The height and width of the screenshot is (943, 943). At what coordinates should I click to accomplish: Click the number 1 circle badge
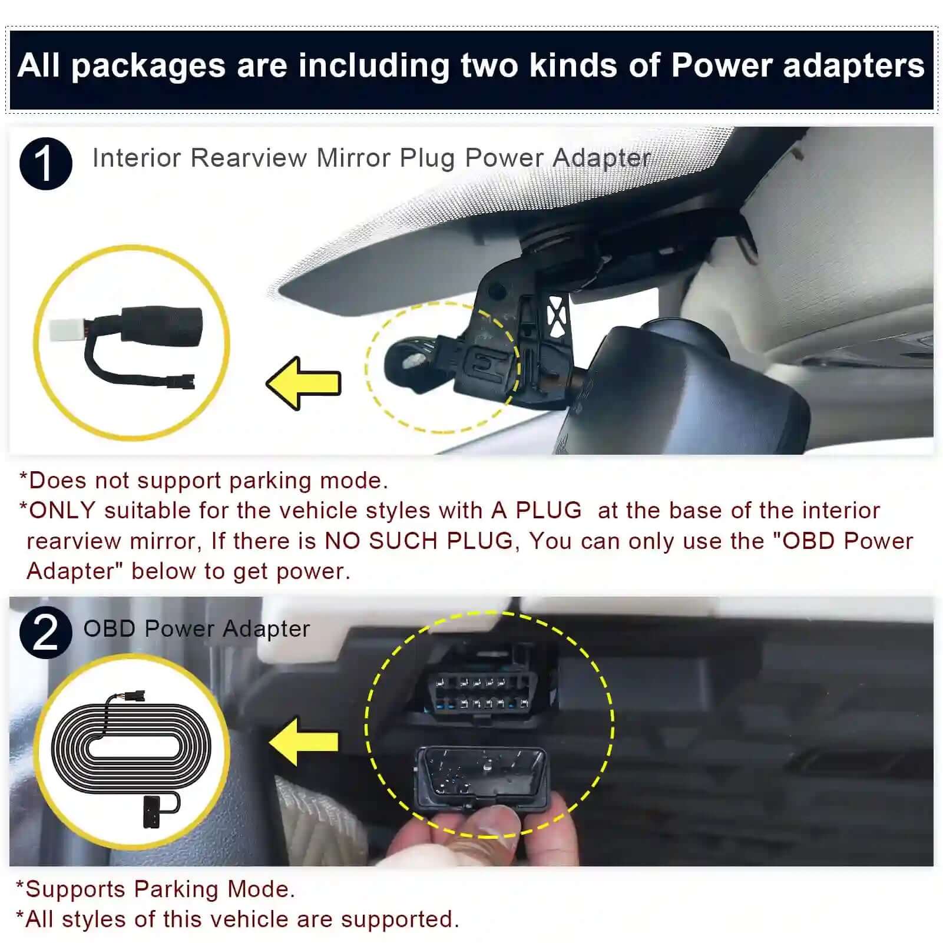[45, 164]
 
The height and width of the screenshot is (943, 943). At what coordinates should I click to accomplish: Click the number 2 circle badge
[45, 632]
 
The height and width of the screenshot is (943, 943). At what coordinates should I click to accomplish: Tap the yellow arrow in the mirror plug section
[304, 383]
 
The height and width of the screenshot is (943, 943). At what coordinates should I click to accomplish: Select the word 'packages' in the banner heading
[148, 67]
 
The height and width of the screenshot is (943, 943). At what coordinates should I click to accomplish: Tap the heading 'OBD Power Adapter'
[196, 629]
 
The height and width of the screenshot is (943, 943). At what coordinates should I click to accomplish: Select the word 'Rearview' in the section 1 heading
[249, 158]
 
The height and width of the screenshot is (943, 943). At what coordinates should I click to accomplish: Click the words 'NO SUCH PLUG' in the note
[419, 541]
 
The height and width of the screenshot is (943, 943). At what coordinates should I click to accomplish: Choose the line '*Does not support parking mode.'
[204, 481]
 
